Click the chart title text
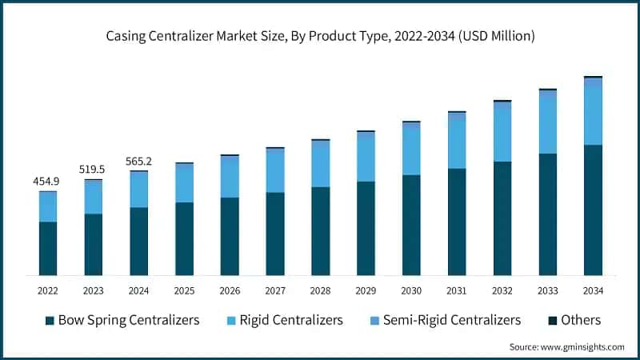coord(320,36)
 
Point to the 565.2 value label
coord(139,161)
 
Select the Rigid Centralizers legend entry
coord(285,320)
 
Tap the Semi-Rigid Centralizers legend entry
coord(450,320)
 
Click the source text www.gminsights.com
coord(566,346)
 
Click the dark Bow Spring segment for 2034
coord(593,210)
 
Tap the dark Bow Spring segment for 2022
coord(48,248)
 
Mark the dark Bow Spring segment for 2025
coord(185,238)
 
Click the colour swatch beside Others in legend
coord(552,321)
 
